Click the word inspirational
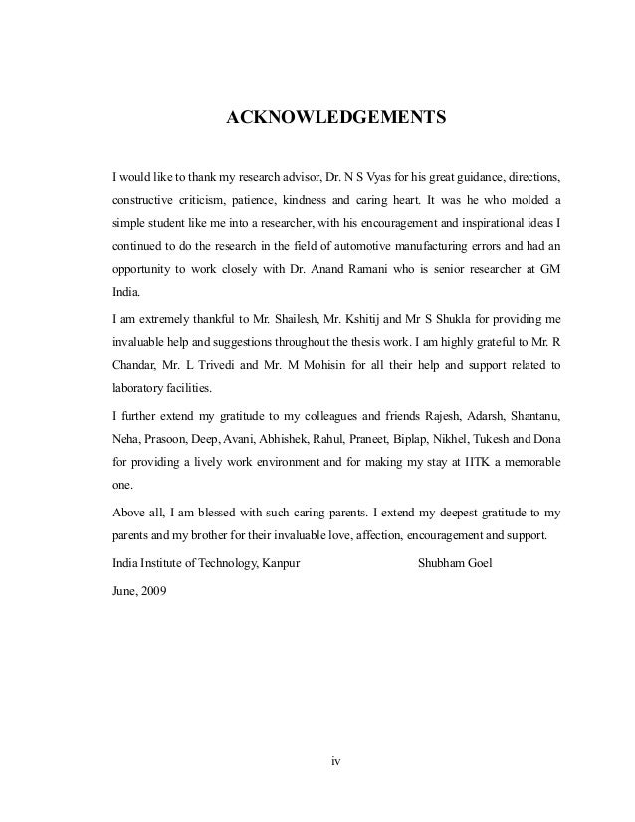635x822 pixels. click(493, 222)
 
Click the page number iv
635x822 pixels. click(336, 763)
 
